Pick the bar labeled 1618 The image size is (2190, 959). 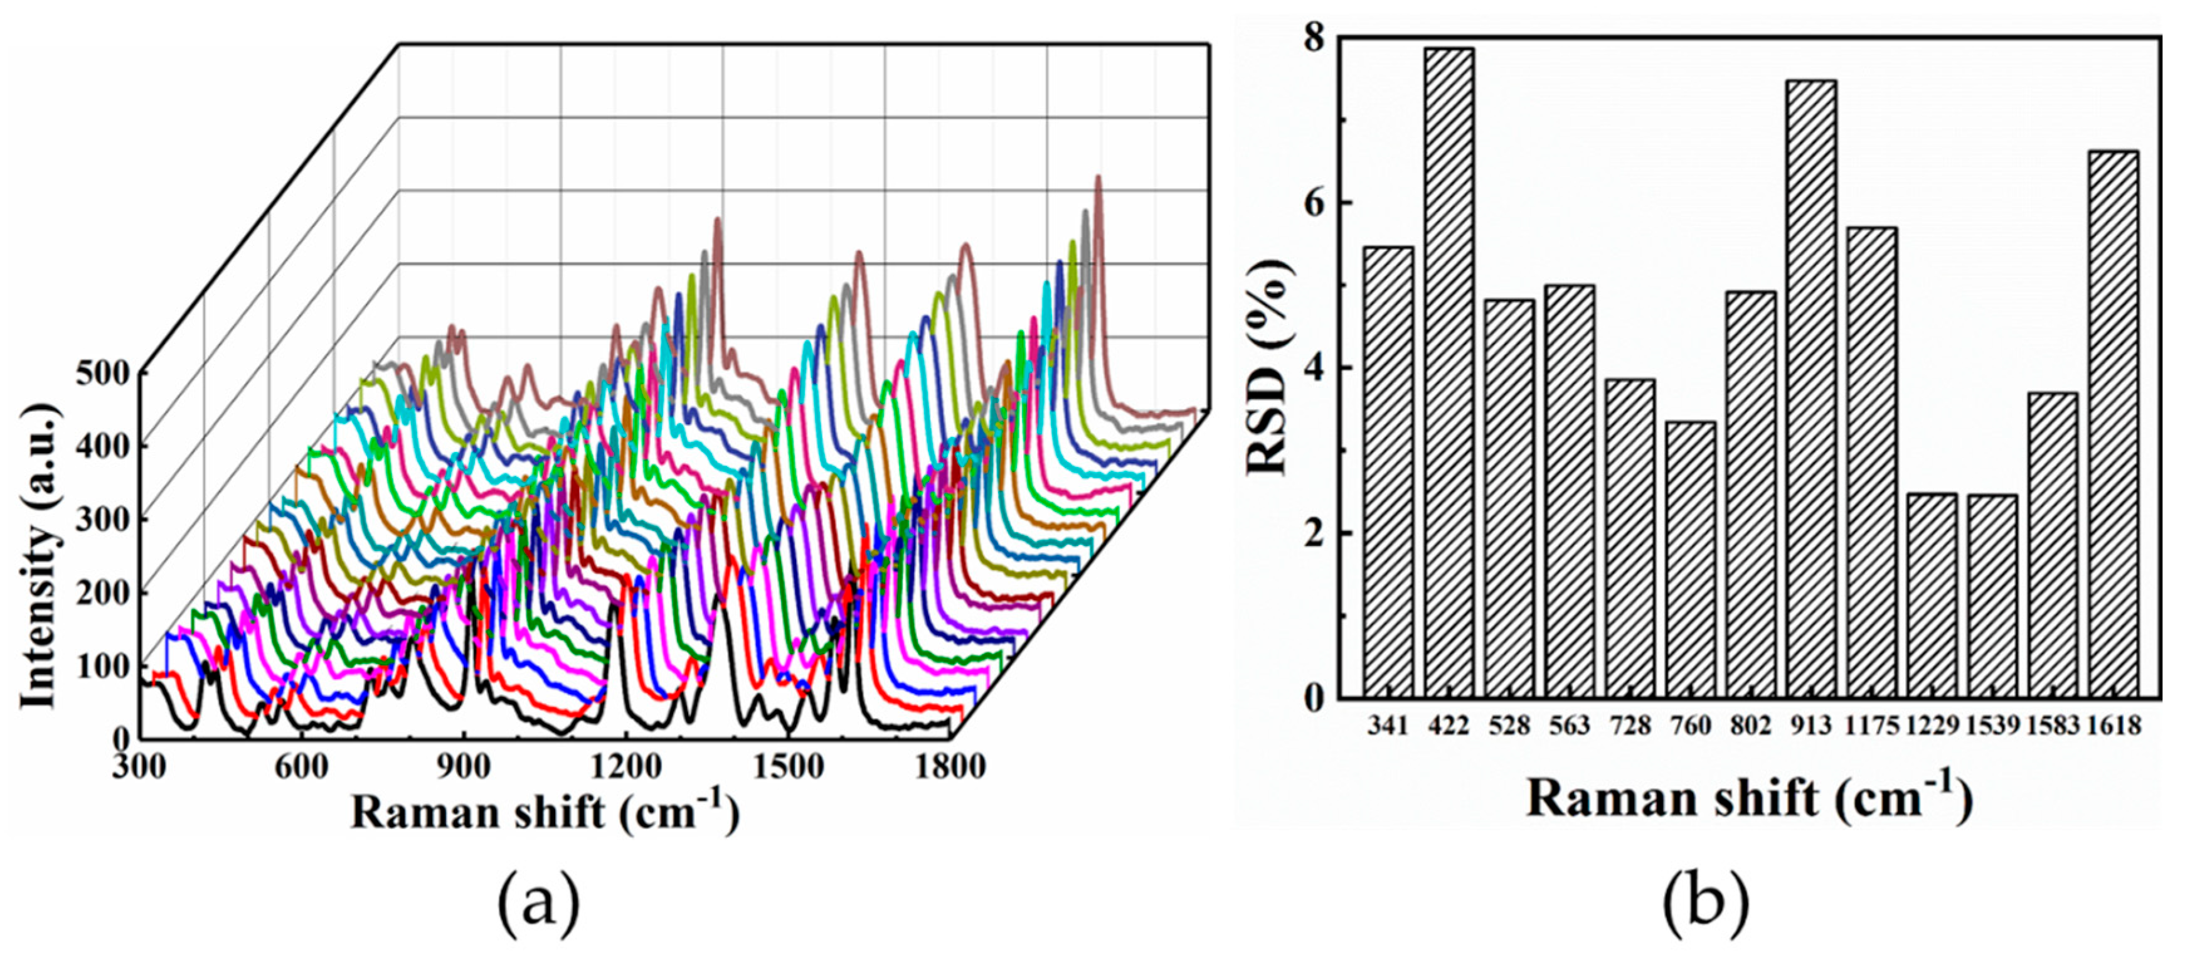[2113, 424]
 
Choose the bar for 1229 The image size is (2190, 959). [1932, 595]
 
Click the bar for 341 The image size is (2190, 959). [1388, 472]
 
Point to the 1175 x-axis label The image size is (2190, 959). [1871, 725]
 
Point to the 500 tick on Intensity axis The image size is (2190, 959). [102, 372]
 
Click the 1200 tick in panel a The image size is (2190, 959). [627, 766]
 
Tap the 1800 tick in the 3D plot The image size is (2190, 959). [950, 766]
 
